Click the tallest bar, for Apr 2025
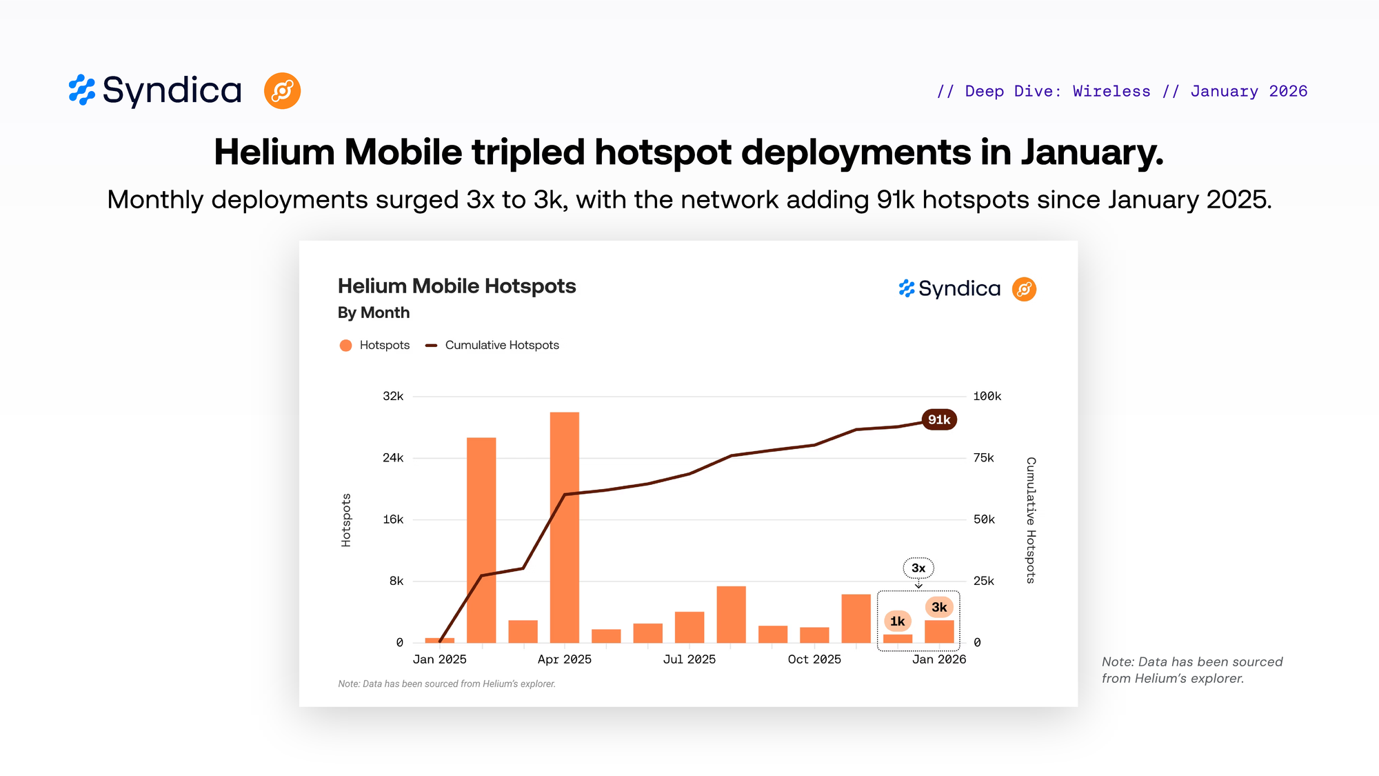point(564,527)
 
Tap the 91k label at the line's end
point(939,419)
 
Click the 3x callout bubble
point(918,568)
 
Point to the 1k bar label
point(897,621)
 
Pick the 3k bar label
point(939,607)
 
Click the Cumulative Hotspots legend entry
point(501,345)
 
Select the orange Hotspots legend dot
point(345,345)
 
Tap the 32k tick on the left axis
point(393,396)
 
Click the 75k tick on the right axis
point(983,458)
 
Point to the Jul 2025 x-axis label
point(689,659)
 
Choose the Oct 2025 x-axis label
point(814,659)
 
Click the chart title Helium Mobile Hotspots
point(456,286)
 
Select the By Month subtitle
point(374,312)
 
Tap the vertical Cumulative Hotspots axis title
point(1031,520)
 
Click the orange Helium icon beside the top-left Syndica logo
point(282,91)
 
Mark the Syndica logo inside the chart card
point(950,288)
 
